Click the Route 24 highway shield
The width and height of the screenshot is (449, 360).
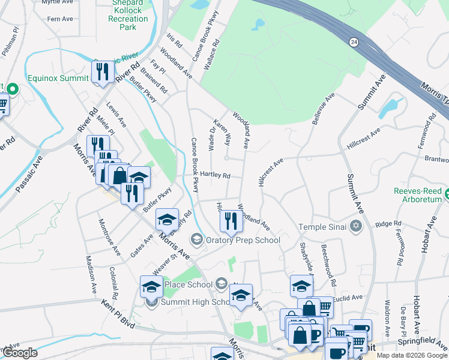pos(354,41)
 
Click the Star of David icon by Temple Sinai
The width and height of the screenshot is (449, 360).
pos(356,226)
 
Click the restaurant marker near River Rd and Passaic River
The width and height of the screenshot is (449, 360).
pos(103,73)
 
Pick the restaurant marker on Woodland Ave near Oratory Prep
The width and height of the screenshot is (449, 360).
pos(231,221)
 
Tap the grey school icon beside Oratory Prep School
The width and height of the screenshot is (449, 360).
pos(196,240)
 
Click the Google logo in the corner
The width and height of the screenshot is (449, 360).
pos(20,353)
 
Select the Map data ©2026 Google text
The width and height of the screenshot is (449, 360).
pos(412,355)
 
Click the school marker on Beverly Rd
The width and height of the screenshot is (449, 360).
pos(167,219)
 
